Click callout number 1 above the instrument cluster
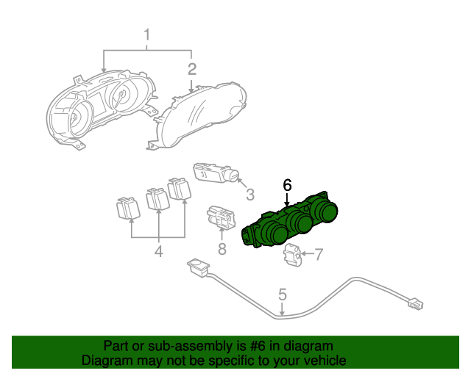[147, 35]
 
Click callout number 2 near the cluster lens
[192, 70]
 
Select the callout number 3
[249, 195]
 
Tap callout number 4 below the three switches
[158, 253]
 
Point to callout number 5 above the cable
[283, 295]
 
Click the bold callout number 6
[287, 185]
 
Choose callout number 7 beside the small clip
[319, 255]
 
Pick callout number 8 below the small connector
[222, 250]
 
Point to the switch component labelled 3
[217, 175]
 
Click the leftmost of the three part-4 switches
[128, 208]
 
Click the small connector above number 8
[220, 217]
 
